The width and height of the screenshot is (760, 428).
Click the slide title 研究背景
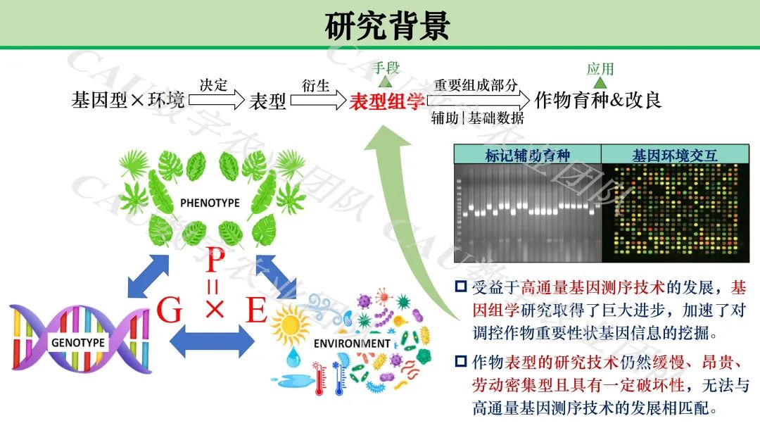coord(386,26)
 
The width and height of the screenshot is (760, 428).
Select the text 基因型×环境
coord(128,100)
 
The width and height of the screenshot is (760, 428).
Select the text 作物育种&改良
coord(598,100)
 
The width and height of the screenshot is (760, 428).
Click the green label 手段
coord(386,68)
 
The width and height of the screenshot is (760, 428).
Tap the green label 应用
coord(600,68)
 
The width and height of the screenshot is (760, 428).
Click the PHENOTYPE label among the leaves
coord(210,203)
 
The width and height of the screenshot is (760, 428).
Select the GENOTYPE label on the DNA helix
coord(77,343)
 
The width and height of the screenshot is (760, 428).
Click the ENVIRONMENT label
coord(352,344)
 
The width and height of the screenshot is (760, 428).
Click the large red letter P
coord(214,261)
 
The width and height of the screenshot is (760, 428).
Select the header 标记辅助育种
coord(527,156)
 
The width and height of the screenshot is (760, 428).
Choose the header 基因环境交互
coord(674,156)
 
